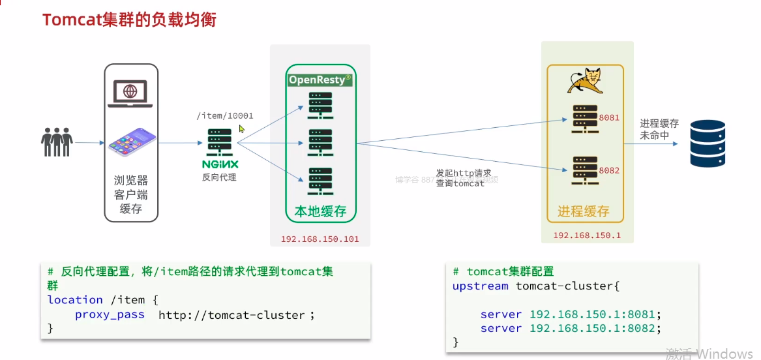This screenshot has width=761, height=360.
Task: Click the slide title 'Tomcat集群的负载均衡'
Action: click(x=129, y=20)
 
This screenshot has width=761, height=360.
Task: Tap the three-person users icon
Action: click(x=56, y=142)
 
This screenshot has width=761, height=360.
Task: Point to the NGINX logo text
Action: click(x=220, y=164)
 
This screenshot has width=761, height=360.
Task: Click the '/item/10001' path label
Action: click(x=224, y=116)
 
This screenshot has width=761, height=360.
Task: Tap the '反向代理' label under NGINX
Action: click(x=220, y=177)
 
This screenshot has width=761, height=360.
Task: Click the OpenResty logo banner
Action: click(x=320, y=80)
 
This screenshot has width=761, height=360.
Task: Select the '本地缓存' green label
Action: click(x=320, y=212)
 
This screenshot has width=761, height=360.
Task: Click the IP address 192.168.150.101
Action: click(x=320, y=239)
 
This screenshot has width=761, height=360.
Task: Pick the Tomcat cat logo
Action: click(x=584, y=82)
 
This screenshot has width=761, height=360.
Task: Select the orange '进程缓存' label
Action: click(x=584, y=211)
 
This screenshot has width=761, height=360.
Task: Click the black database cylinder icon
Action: click(x=708, y=143)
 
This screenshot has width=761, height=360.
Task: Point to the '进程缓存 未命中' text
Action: click(x=659, y=129)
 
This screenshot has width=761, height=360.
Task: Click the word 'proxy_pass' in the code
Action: click(x=110, y=314)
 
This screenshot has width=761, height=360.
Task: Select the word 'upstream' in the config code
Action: click(x=480, y=286)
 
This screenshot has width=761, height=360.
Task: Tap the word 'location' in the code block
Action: click(x=75, y=300)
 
